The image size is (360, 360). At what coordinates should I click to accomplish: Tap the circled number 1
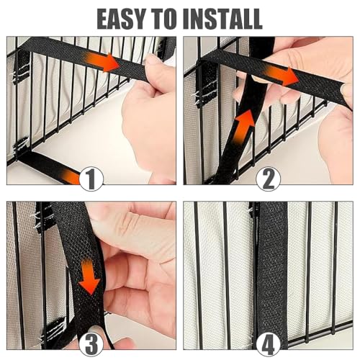pos(91,179)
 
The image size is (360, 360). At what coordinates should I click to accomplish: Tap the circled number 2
pos(268,179)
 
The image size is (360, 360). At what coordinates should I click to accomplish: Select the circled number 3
pos(91,344)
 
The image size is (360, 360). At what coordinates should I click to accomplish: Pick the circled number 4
pos(268,344)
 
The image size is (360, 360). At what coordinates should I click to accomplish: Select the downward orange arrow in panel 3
pos(89,276)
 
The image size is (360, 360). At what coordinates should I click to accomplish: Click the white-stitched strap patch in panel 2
pos(204,84)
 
